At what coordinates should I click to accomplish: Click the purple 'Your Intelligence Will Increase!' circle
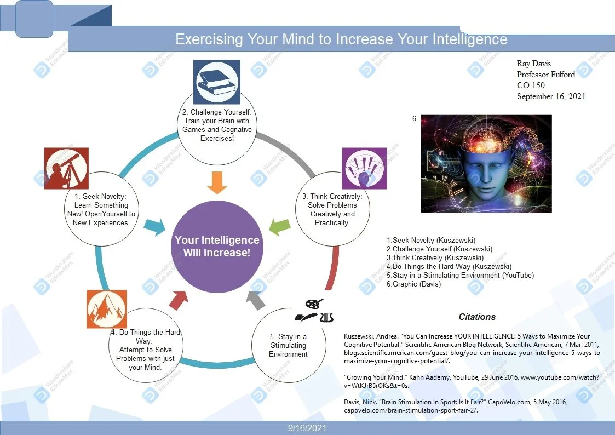217,247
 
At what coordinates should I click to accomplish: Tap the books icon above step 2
217,82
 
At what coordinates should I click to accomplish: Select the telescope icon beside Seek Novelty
66,168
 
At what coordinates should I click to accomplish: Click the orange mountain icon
107,310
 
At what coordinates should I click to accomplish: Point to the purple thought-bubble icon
364,168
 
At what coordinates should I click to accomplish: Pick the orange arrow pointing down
217,182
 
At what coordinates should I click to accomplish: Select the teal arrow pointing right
154,226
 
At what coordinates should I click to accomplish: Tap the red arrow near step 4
178,299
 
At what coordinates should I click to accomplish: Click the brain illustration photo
486,163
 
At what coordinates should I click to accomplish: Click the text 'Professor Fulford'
545,75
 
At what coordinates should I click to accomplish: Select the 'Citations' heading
477,317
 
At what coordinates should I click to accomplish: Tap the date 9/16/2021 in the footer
307,428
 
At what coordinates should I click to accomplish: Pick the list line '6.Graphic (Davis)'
413,284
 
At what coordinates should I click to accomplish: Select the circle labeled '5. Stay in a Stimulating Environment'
288,346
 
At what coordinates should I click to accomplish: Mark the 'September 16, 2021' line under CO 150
551,96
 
